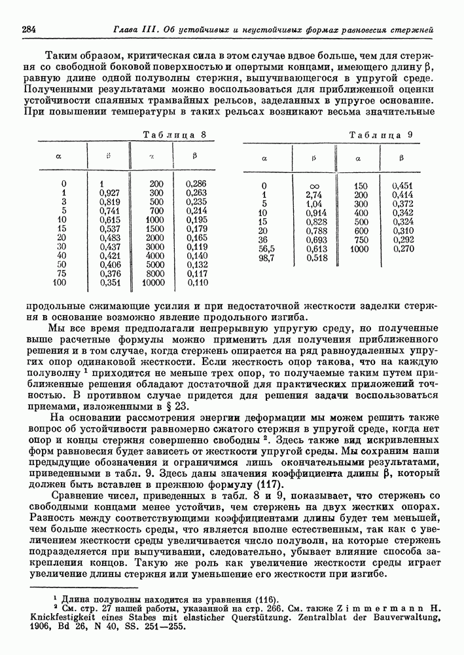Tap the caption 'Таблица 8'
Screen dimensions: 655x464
179,135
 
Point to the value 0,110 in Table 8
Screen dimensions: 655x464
196,283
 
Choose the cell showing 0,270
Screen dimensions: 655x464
403,250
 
